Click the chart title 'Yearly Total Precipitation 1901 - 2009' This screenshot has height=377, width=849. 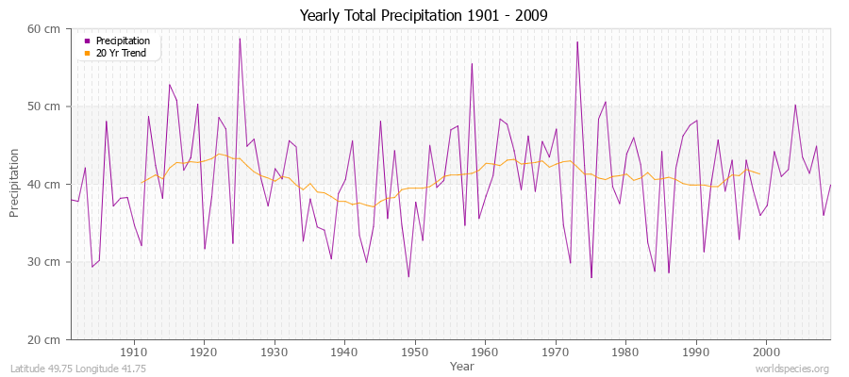pyautogui.click(x=424, y=16)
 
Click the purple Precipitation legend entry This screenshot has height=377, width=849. pyautogui.click(x=122, y=41)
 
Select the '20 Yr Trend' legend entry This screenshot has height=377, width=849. pyautogui.click(x=121, y=53)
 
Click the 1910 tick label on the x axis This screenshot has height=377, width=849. pyautogui.click(x=134, y=352)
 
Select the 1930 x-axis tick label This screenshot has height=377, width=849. pyautogui.click(x=275, y=352)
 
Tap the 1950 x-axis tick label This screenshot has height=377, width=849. pyautogui.click(x=414, y=352)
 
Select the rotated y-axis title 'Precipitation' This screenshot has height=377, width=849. pyautogui.click(x=14, y=184)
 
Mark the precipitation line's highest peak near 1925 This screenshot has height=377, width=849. pyautogui.click(x=240, y=39)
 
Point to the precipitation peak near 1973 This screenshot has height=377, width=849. pyautogui.click(x=576, y=41)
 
